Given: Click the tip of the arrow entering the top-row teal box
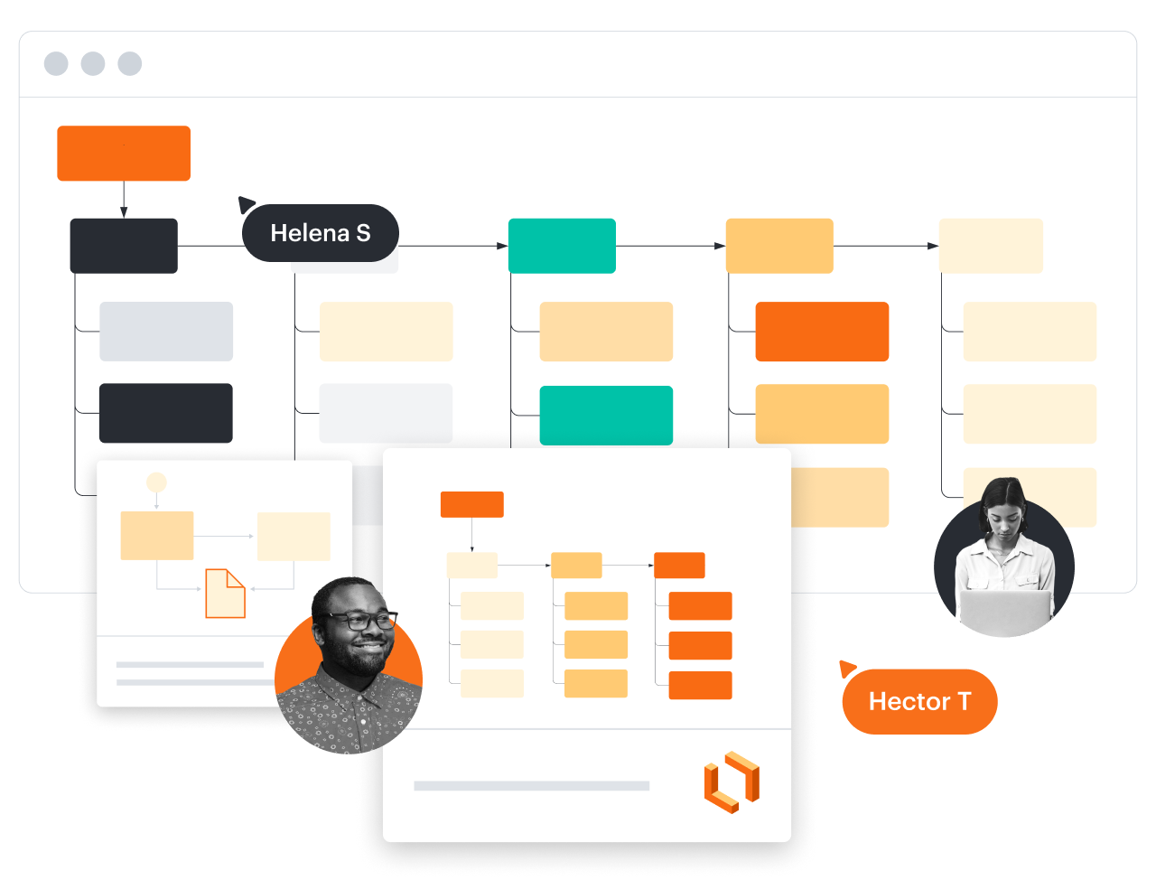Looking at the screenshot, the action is click(x=508, y=246).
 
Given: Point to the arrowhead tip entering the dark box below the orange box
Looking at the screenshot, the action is click(x=124, y=218).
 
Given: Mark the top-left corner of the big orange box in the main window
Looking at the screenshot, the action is click(x=58, y=126).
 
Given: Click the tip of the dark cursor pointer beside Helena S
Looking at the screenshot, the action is click(x=238, y=197).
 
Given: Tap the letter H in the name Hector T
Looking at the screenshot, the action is click(x=878, y=701).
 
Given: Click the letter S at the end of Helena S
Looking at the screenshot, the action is click(x=363, y=233).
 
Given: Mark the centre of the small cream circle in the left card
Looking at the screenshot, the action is click(x=156, y=482).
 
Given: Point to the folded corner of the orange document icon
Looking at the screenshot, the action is click(x=236, y=577).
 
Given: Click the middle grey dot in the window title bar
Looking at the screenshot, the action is click(x=93, y=64).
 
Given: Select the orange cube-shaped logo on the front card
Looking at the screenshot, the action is click(x=732, y=782).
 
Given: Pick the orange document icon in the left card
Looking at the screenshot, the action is click(x=226, y=593).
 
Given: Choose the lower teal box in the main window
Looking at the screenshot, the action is click(x=606, y=416).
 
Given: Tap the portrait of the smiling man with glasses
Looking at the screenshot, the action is click(x=349, y=666).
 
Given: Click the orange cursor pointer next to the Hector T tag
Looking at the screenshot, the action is click(x=847, y=669).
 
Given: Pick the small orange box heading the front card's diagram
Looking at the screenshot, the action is click(x=471, y=504).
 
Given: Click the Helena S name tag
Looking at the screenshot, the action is click(x=321, y=233).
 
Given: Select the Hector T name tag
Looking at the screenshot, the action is click(x=919, y=701).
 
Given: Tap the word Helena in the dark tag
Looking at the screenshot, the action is click(x=310, y=233).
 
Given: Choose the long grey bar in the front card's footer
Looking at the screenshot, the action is click(x=531, y=786).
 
